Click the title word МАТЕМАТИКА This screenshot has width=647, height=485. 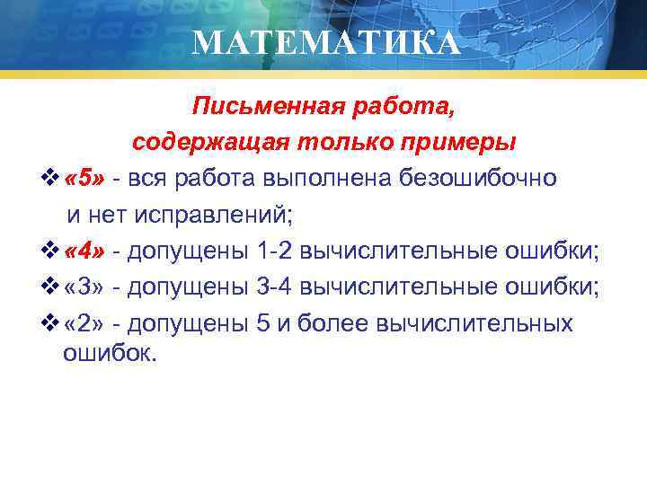[325, 42]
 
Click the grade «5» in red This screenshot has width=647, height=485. [86, 178]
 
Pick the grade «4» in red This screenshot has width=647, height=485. [86, 249]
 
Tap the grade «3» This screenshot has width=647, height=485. [86, 287]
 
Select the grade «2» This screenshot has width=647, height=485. [86, 322]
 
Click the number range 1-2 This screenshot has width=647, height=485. [275, 249]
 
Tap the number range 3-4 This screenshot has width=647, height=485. [275, 287]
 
